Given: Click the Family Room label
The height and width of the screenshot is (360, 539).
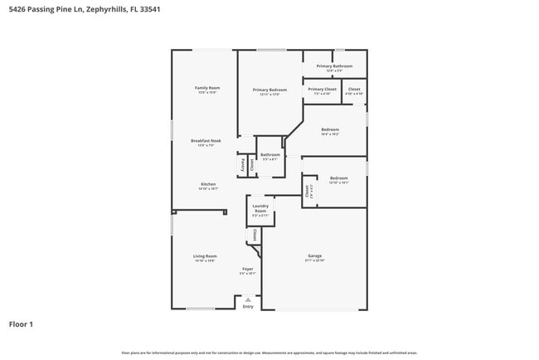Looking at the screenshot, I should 206,88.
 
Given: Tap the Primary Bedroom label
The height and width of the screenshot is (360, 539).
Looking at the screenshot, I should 269,90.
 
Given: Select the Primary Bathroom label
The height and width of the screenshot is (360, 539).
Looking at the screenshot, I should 334,66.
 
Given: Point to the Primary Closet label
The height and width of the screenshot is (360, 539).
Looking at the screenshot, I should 322,89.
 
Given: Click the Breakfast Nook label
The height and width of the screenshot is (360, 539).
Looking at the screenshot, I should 206,141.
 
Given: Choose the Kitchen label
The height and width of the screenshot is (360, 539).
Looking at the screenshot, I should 207,184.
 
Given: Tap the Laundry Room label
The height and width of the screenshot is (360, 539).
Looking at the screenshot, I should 260,208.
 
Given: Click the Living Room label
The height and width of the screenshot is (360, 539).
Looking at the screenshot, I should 205,256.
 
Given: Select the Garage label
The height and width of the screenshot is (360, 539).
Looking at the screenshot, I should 314,256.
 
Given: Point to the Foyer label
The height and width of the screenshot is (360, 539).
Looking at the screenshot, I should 247,270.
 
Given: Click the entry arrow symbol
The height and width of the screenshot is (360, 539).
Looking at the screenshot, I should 247,299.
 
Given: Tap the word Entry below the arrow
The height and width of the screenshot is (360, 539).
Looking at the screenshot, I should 247,307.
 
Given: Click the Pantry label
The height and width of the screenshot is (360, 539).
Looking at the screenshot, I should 243,165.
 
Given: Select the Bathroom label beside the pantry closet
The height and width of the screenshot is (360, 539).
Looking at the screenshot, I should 270,155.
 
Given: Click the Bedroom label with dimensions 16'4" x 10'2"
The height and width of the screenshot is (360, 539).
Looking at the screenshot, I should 330,129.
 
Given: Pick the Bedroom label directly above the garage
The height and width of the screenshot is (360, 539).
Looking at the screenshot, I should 338,178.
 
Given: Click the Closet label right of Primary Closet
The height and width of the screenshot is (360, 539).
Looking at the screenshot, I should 353,89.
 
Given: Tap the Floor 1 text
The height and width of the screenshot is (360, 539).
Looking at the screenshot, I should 21,324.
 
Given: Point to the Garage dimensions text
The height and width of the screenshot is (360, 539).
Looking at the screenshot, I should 314,261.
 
